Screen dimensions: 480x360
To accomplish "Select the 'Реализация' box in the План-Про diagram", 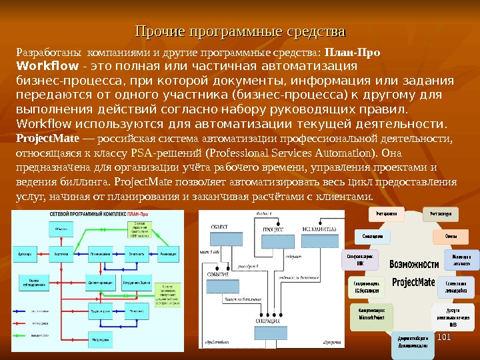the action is coord(168,254).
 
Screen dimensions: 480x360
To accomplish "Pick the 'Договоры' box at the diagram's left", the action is coord(25,254).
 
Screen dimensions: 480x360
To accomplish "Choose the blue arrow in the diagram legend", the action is coord(24,311).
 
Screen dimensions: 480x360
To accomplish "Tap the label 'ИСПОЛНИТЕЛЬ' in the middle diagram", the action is coord(316,229).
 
